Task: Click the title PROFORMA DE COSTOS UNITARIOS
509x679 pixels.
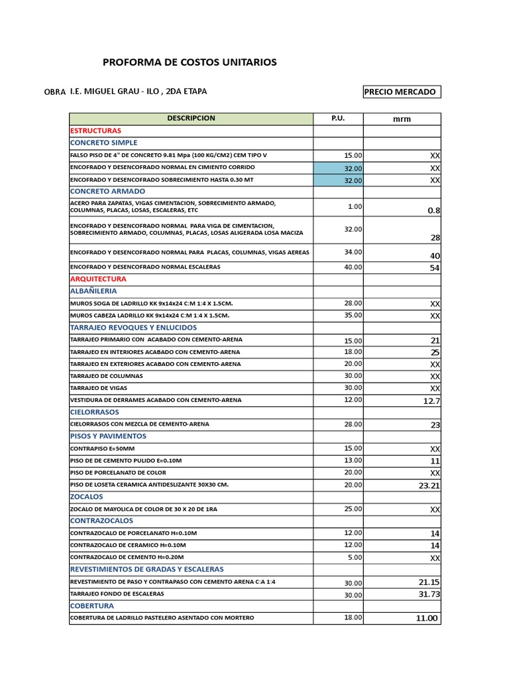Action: (x=190, y=62)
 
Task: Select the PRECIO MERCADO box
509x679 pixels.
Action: (x=401, y=92)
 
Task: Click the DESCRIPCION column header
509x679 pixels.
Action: (x=191, y=119)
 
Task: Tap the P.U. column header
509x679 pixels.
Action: (x=338, y=119)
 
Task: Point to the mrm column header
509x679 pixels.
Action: (x=402, y=119)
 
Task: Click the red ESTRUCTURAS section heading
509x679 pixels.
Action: (x=95, y=131)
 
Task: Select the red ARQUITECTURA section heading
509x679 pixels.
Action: (x=98, y=279)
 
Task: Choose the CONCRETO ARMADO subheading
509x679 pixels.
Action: (x=107, y=191)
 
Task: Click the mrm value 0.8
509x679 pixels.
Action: (x=433, y=211)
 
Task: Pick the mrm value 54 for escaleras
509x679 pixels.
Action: (x=434, y=268)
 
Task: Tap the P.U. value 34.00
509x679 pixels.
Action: (x=353, y=252)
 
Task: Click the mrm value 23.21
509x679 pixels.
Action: (x=429, y=485)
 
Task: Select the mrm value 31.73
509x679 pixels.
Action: (x=429, y=594)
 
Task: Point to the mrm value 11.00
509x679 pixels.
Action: (x=427, y=618)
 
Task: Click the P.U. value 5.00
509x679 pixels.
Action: (x=355, y=558)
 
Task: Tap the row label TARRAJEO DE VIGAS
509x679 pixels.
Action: (x=99, y=388)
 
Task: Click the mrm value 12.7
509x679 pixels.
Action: (x=431, y=401)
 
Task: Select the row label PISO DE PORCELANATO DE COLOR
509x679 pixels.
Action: (x=118, y=473)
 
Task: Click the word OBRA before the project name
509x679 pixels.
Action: (x=54, y=92)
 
